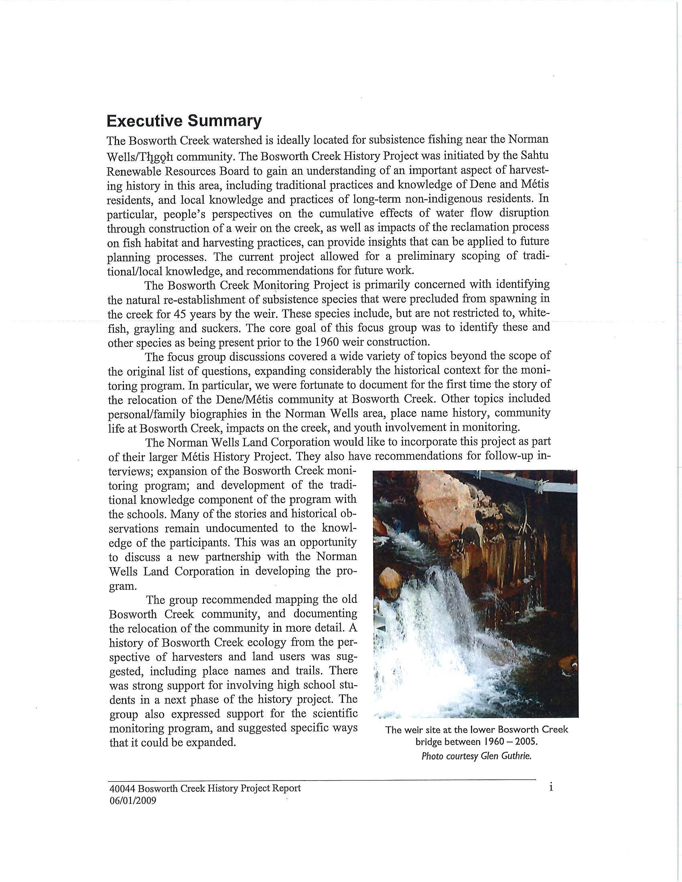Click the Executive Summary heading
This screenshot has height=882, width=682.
(184, 121)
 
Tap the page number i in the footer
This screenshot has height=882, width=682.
(551, 787)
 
